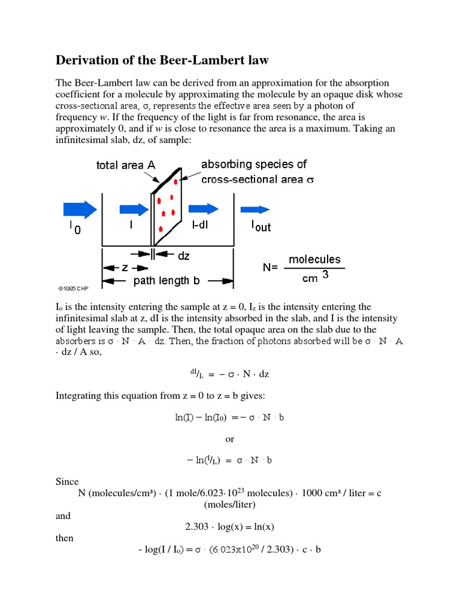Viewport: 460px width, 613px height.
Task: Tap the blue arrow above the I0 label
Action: (79, 209)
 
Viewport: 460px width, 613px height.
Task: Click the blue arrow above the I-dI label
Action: (204, 209)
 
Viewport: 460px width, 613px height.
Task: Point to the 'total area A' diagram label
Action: (126, 165)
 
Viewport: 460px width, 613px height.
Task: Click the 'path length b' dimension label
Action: (167, 280)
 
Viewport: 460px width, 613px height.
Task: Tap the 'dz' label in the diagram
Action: (183, 256)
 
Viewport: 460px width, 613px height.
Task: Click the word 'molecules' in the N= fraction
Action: (314, 259)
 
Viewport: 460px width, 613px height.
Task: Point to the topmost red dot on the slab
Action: (175, 181)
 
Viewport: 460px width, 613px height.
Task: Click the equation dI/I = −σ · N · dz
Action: (229, 374)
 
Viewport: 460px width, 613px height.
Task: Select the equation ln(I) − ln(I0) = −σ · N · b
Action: (229, 417)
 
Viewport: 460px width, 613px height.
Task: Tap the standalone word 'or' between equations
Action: (230, 439)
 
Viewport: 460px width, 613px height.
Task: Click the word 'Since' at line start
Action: (67, 481)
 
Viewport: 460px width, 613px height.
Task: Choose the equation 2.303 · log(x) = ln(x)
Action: (230, 527)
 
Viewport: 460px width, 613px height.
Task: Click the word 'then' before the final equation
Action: (65, 538)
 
